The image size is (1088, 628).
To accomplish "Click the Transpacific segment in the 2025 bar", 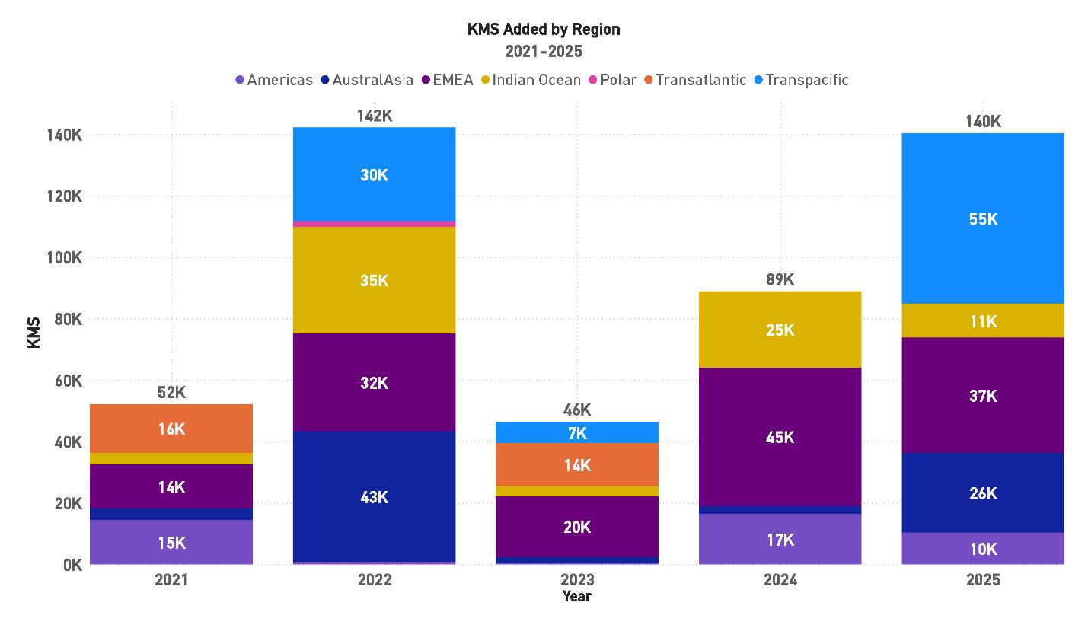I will [x=982, y=218].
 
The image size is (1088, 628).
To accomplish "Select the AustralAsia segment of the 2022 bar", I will [x=374, y=496].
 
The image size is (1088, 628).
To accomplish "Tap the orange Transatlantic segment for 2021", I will [x=171, y=429].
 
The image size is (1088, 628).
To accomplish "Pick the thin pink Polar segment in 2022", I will [x=374, y=224].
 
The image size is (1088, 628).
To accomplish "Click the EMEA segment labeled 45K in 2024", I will [x=780, y=437].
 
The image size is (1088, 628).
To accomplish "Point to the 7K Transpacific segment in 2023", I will [x=577, y=432].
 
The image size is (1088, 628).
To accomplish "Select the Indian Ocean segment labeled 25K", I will [x=780, y=330].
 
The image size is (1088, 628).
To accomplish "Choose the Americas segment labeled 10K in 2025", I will [x=982, y=548].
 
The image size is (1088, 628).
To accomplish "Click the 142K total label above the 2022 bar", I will [x=374, y=116].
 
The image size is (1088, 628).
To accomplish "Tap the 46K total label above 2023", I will [x=577, y=410].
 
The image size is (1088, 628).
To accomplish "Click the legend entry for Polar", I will [x=617, y=80].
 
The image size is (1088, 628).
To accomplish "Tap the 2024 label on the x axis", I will [x=780, y=580].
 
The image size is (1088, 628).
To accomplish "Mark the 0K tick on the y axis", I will [x=72, y=565].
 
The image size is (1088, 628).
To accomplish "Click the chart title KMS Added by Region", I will [x=544, y=30].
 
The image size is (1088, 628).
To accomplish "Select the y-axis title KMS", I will [x=34, y=334].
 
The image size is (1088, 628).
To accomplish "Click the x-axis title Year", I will [x=577, y=596].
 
